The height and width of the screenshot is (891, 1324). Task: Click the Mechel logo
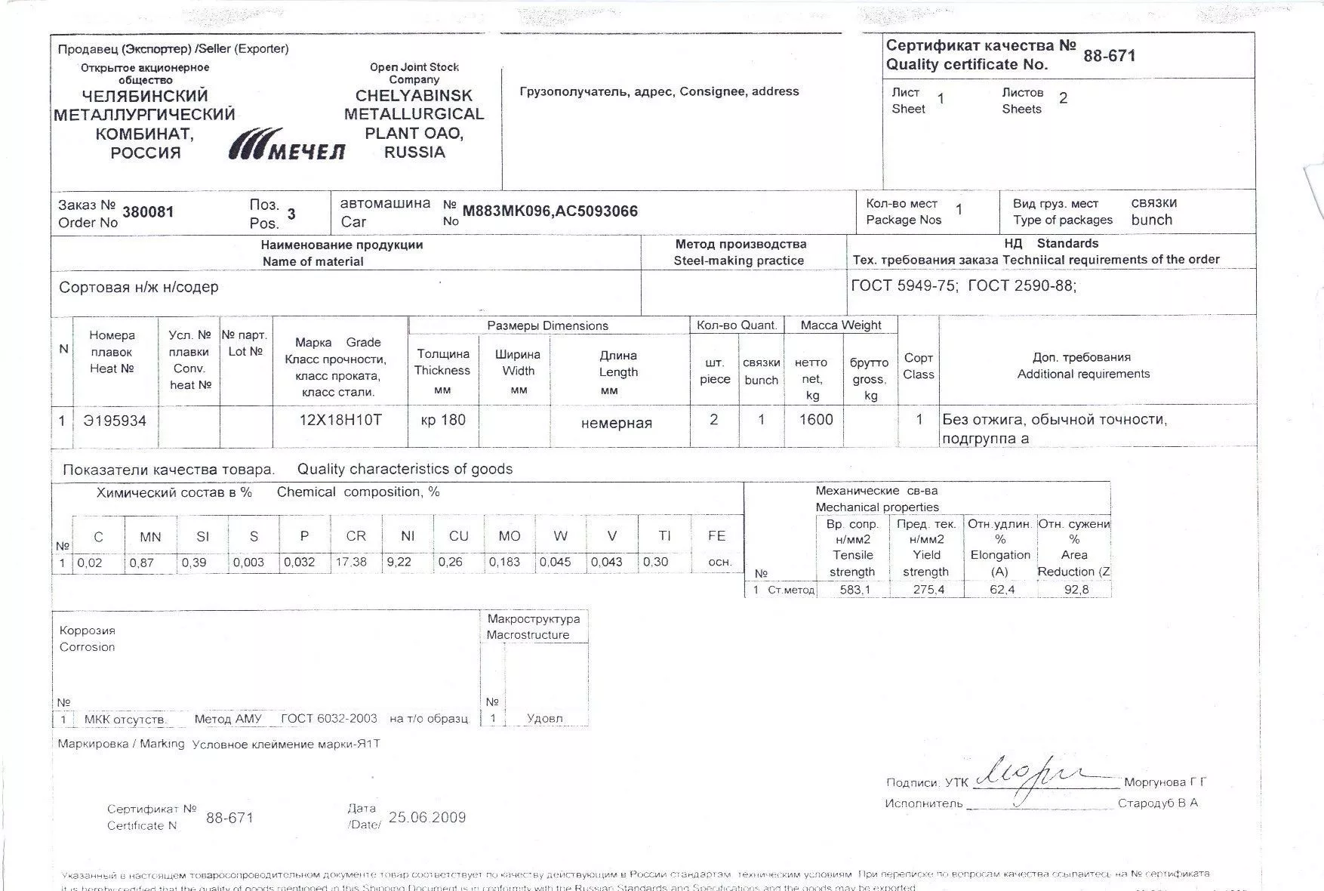pos(286,144)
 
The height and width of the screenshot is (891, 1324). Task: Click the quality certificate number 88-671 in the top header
pos(1109,56)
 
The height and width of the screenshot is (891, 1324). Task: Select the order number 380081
pos(148,212)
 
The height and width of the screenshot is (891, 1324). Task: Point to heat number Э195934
pos(115,421)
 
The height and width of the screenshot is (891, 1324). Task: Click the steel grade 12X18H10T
pos(340,420)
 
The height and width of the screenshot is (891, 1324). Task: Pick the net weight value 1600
pos(815,420)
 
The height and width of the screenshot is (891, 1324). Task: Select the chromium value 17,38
pos(351,562)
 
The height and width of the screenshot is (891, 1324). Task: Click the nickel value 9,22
pos(399,562)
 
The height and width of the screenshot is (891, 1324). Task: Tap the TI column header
pos(664,536)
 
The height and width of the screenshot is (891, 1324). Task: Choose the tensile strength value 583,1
pos(854,590)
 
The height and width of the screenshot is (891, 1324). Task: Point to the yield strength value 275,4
pos(928,590)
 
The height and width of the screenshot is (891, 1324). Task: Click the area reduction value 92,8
pos(1076,590)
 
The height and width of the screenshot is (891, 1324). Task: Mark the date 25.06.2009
pos(427,818)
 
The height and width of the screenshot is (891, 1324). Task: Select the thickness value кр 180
pos(443,420)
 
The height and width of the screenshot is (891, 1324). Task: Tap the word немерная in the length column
pos(616,423)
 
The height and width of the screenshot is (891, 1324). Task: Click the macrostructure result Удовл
pos(544,718)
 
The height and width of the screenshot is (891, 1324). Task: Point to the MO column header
pos(510,536)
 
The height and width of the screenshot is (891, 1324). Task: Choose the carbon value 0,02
pos(89,563)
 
